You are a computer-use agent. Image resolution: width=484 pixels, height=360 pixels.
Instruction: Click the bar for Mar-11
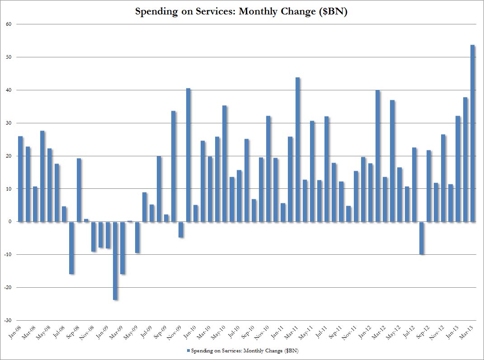pyautogui.click(x=297, y=150)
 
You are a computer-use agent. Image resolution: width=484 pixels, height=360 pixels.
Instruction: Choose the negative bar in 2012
pyautogui.click(x=422, y=238)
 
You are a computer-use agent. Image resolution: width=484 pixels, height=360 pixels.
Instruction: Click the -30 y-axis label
pyautogui.click(x=8, y=320)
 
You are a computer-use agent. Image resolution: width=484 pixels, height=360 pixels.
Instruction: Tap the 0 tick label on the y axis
pyautogui.click(x=10, y=222)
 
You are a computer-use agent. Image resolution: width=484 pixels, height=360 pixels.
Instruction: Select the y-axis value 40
pyautogui.click(x=9, y=90)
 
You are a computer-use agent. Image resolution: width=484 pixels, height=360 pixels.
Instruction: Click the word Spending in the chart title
pyautogui.click(x=154, y=11)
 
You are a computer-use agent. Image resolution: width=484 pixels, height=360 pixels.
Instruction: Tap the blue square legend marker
pyautogui.click(x=188, y=351)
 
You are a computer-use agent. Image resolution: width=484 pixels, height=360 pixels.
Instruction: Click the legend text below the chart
pyautogui.click(x=244, y=351)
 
